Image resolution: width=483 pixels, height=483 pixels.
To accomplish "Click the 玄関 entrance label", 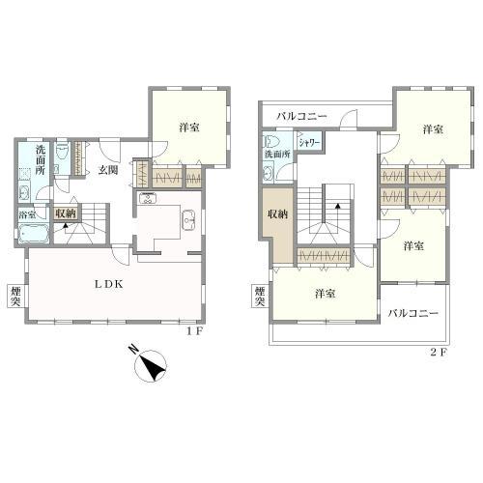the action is [108, 170].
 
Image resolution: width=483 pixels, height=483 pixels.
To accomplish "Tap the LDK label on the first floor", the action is [108, 284].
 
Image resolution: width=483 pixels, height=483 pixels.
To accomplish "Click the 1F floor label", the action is [194, 331].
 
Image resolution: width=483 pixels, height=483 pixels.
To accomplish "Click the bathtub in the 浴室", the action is [34, 234].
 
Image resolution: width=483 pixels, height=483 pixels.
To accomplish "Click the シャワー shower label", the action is [309, 143].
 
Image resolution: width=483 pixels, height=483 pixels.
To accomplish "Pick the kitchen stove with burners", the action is [148, 198].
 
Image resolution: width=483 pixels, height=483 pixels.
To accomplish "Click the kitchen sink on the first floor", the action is [188, 219].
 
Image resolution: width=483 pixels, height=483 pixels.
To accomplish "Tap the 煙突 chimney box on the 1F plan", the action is [15, 297].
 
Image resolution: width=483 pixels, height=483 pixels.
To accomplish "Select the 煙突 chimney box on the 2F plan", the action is [260, 297].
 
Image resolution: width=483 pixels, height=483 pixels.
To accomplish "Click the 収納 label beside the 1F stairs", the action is [66, 213].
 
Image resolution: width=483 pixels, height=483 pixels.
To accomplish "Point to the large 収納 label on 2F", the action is [278, 214].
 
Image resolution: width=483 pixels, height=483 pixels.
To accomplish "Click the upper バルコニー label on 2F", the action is [301, 116].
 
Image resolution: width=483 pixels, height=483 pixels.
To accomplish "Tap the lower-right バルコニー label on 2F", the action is [412, 313].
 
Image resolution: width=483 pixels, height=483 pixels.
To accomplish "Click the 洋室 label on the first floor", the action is [189, 128].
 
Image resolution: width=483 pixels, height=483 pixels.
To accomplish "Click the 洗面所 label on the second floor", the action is [277, 154].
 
